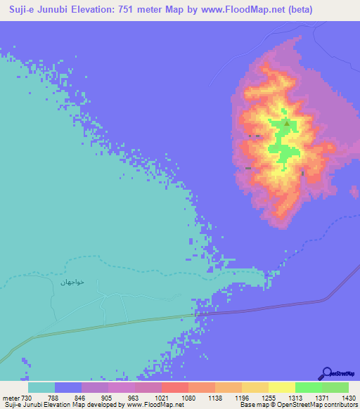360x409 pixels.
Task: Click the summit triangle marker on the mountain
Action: [287, 124]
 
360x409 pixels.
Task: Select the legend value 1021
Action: [161, 398]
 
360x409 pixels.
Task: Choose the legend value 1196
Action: [242, 398]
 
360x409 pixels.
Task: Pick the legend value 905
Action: [108, 398]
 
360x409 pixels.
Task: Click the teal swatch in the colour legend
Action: [41, 387]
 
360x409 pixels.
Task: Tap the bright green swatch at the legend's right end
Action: [335, 387]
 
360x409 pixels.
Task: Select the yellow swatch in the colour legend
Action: [281, 387]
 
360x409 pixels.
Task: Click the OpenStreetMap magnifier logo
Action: [327, 372]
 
